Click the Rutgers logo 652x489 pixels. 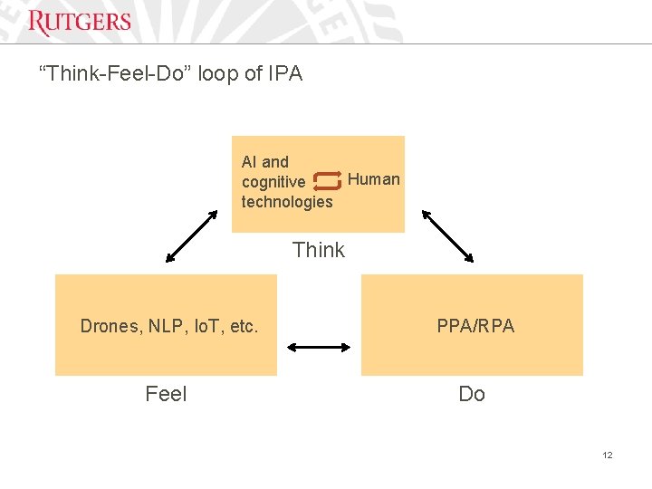tap(80, 22)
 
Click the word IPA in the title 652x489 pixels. tap(285, 74)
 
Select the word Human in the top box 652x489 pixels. tap(373, 179)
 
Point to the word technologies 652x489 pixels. tap(287, 202)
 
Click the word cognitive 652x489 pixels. tap(273, 182)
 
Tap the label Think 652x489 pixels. tap(319, 250)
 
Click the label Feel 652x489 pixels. tap(166, 394)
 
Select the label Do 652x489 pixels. tap(472, 394)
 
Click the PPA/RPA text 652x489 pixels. tap(475, 326)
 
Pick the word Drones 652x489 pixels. tap(108, 326)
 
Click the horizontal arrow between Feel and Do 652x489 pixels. tap(319, 346)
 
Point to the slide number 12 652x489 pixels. tap(608, 455)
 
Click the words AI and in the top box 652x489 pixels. tap(265, 162)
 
